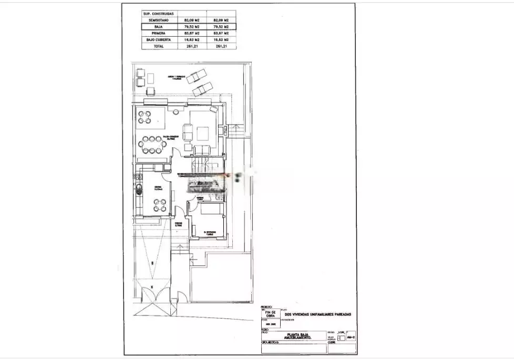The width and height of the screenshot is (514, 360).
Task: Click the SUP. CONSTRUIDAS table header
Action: tap(159, 13)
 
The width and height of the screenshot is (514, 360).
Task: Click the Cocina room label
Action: tap(158, 188)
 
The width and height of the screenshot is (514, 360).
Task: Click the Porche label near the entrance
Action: tap(179, 224)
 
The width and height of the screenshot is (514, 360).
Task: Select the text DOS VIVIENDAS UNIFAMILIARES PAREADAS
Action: tap(317, 314)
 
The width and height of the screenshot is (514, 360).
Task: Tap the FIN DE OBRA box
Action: tap(270, 313)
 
